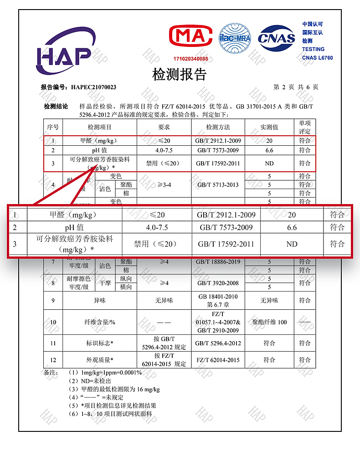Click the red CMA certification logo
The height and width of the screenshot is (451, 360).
pos(190,36)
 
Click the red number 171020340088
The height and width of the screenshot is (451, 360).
pos(190,58)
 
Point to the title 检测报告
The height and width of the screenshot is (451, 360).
pos(180,74)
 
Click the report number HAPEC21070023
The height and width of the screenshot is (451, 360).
pos(91,87)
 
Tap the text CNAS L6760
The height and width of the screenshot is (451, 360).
pos(318,58)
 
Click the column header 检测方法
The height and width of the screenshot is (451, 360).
pos(218,127)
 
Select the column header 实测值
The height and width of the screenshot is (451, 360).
pos(269,127)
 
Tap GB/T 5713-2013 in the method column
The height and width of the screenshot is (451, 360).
pos(218,184)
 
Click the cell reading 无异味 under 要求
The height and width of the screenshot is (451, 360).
pos(164,301)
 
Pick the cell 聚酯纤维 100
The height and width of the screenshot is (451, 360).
pos(269,322)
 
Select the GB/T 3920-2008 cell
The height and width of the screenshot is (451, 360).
pos(218,283)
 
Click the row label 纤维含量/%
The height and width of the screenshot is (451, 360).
pos(100,322)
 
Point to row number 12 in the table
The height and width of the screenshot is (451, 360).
pos(53,360)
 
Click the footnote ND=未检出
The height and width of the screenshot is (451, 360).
pos(89,381)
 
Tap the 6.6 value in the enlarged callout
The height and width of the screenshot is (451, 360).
pos(292,227)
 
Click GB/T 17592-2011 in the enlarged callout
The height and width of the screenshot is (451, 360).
pos(226,244)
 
